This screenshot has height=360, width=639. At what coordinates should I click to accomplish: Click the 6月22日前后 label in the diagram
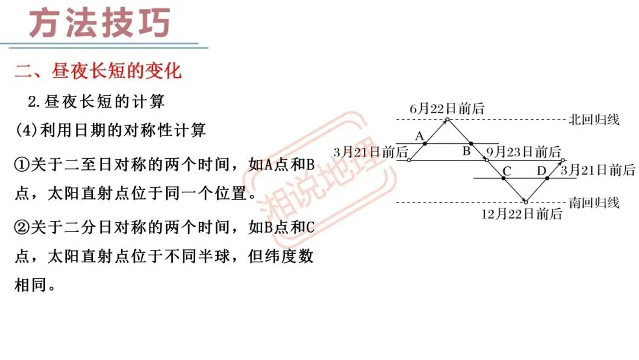pos(447,108)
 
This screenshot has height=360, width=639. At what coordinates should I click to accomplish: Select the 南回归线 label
pos(594,203)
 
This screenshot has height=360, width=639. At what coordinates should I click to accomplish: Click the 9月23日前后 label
pos(523,152)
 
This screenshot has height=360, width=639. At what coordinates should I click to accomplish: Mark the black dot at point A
pos(425,143)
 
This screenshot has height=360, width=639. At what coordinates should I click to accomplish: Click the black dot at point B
pos(471,143)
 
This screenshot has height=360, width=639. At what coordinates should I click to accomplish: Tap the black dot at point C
pos(504,178)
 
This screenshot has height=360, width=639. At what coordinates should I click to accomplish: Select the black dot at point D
pos(547,178)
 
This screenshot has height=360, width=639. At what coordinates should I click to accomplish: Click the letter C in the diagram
pos(506,171)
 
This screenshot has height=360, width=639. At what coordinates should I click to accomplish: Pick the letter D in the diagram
pos(541,171)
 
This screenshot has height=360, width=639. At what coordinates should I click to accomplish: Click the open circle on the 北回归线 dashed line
pos(447,120)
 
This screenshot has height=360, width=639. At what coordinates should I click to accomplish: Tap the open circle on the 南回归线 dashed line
pos(525,202)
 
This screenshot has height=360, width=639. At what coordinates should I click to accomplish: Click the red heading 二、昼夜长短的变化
pos(98,72)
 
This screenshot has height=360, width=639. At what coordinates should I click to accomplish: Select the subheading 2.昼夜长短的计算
pos(96,101)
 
